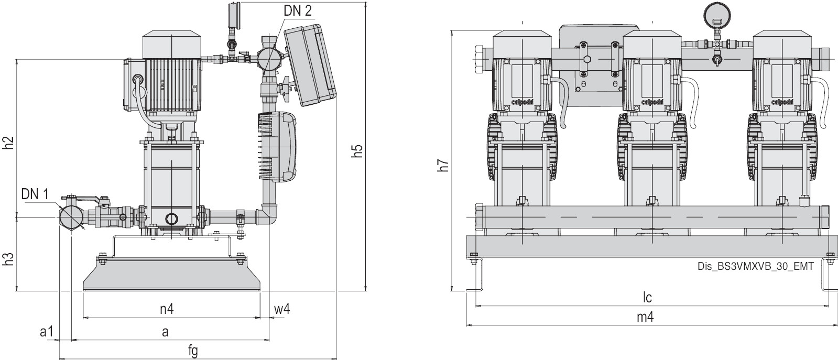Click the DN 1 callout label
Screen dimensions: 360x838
point(35,194)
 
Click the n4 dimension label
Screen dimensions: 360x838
point(167,309)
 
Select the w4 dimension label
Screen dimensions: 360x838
point(281,309)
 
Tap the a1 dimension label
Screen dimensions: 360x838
point(47,332)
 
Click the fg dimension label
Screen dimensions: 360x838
point(193,351)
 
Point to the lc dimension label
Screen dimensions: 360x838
point(648,298)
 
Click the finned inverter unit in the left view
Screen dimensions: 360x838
point(278,147)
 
